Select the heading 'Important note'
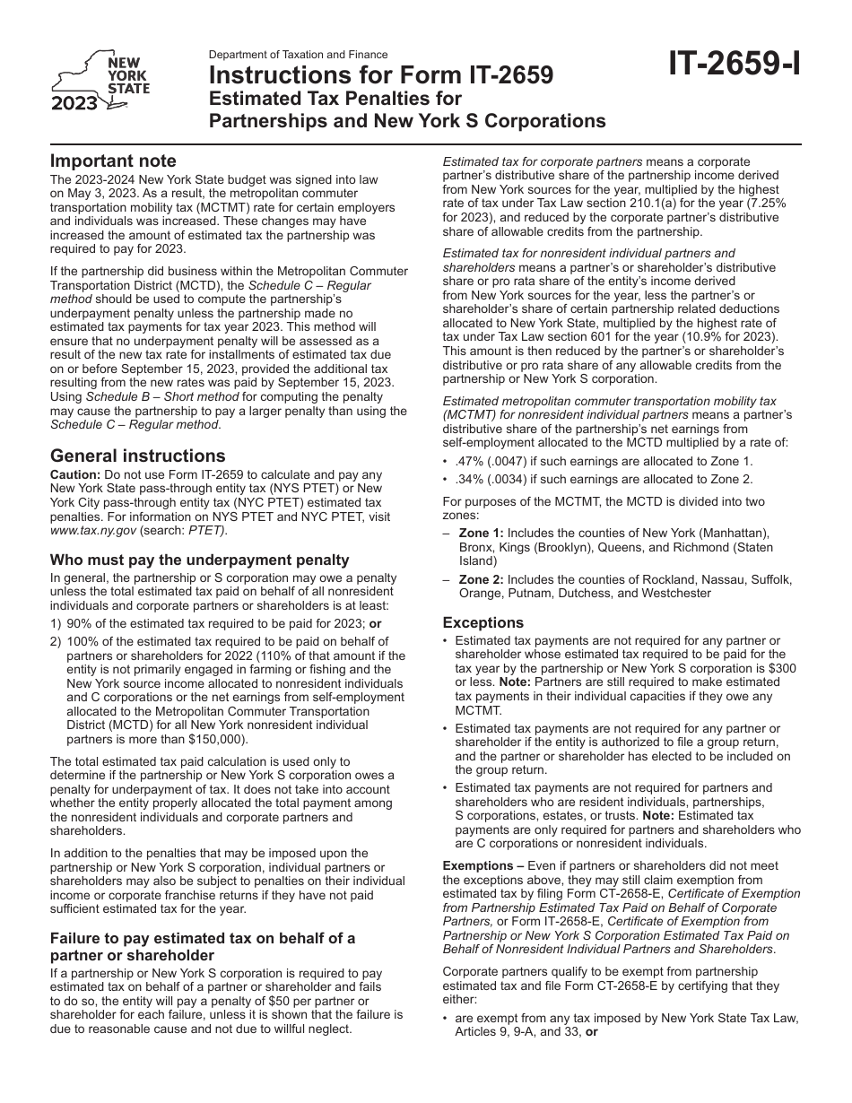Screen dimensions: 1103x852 tap(113, 161)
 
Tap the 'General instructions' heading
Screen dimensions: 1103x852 tap(137, 456)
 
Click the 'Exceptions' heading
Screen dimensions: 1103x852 tap(483, 622)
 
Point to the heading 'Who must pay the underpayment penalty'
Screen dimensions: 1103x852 tap(199, 560)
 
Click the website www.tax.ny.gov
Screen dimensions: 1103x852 tap(93, 530)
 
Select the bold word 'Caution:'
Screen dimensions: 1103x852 tap(75, 475)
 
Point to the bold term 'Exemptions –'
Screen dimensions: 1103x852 tap(484, 866)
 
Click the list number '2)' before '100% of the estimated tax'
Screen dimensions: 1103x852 tap(57, 641)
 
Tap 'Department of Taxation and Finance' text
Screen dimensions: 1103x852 tap(298, 55)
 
